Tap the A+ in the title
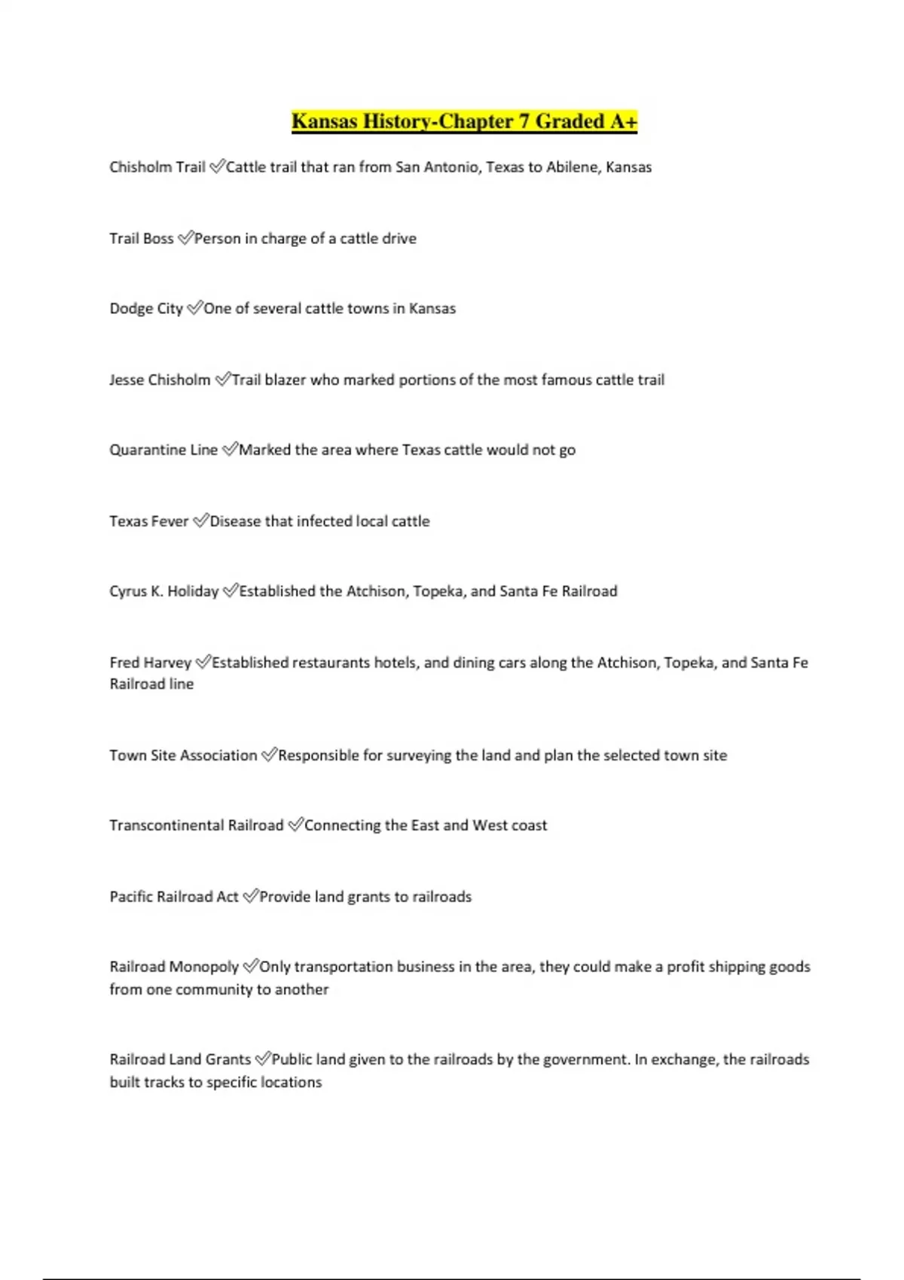pyautogui.click(x=623, y=121)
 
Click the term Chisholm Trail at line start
pyautogui.click(x=157, y=167)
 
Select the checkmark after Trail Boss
pyautogui.click(x=185, y=238)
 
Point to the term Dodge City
pyautogui.click(x=146, y=309)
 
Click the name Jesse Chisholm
pyautogui.click(x=160, y=380)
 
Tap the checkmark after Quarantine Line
pyautogui.click(x=229, y=450)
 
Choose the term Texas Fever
pyautogui.click(x=148, y=521)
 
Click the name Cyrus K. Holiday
pyautogui.click(x=163, y=591)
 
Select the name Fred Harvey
pyautogui.click(x=150, y=663)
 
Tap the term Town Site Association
pyautogui.click(x=183, y=755)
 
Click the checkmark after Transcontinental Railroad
pyautogui.click(x=295, y=825)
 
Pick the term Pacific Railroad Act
pyautogui.click(x=173, y=897)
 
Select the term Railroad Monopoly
pyautogui.click(x=173, y=967)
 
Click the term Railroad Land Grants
pyautogui.click(x=179, y=1059)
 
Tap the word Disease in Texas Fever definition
pyautogui.click(x=237, y=521)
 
